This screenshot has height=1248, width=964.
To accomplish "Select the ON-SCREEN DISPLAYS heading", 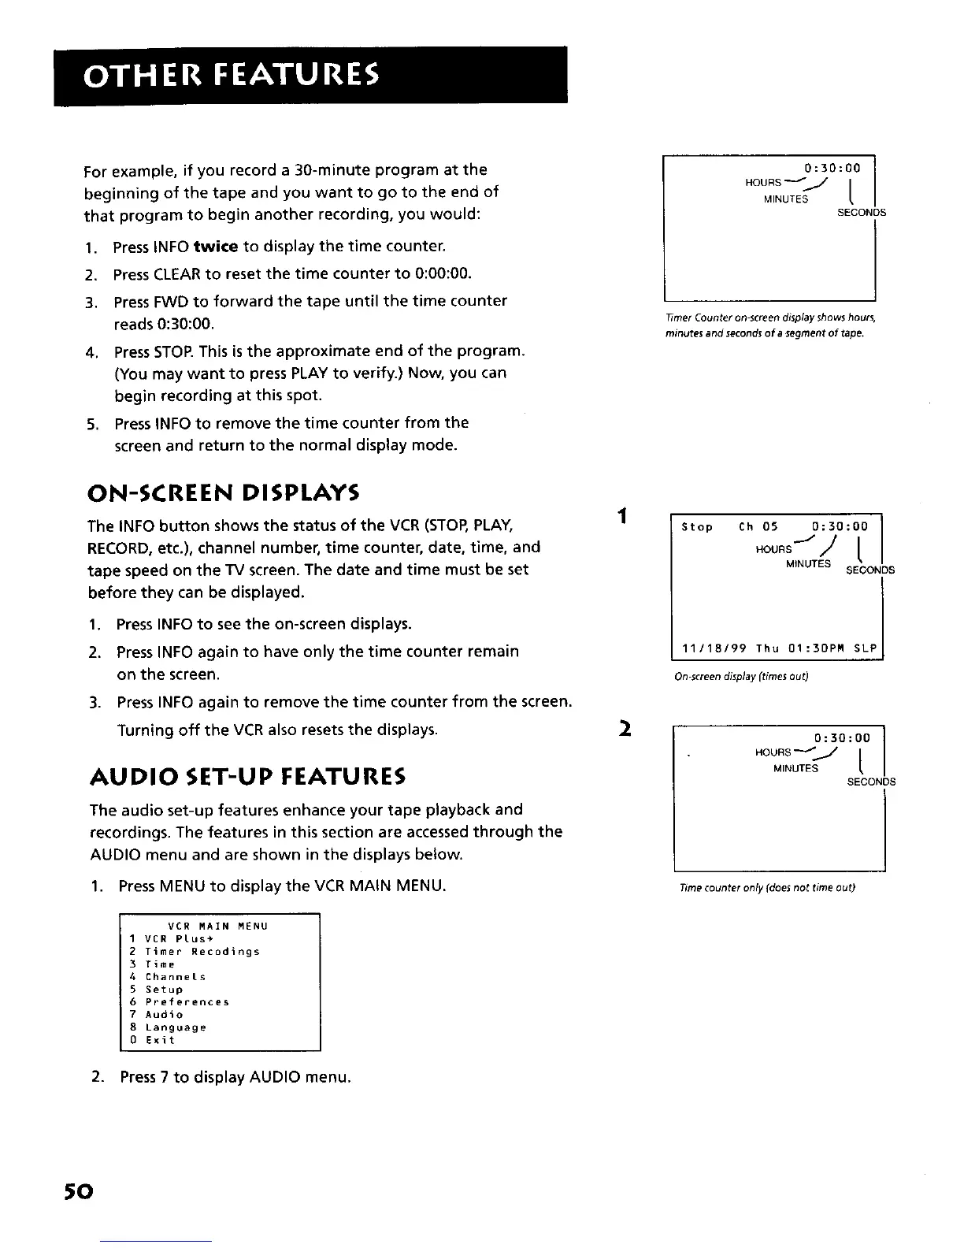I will [x=223, y=494].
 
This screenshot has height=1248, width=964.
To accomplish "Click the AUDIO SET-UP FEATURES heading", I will [x=247, y=778].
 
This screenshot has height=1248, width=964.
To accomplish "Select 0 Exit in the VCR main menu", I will [x=153, y=1040].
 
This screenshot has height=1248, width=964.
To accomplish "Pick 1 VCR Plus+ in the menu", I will [x=163, y=939].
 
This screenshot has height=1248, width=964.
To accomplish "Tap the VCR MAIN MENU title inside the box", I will [x=218, y=926].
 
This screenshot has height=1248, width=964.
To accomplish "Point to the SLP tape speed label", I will [x=865, y=649].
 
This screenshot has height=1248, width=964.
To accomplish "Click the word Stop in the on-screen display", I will [x=697, y=527].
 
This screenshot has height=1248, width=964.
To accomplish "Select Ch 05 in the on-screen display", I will [x=758, y=527].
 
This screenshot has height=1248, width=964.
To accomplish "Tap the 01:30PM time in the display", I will [x=817, y=649].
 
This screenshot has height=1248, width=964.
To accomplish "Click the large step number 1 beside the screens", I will [x=622, y=516].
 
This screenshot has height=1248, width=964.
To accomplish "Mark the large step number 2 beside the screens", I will [x=622, y=728].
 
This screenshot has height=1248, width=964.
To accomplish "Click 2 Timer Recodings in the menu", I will [x=195, y=952].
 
